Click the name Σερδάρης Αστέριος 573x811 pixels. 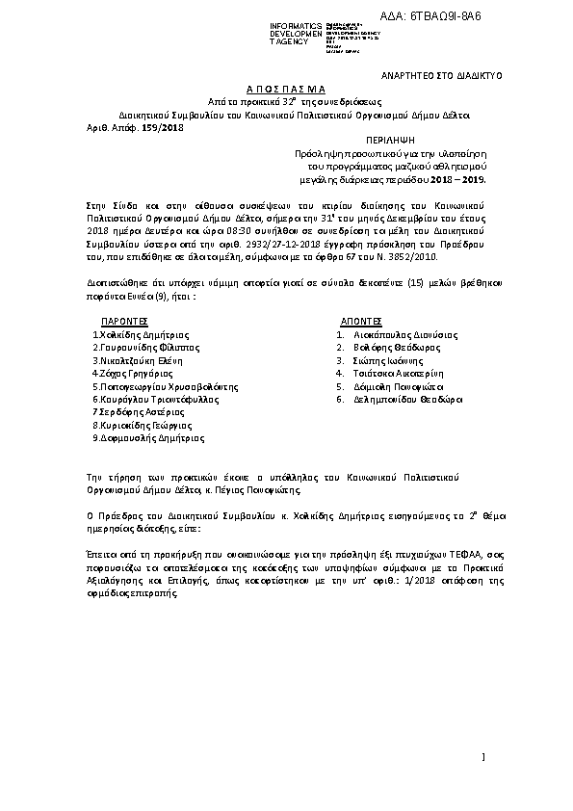(x=135, y=410)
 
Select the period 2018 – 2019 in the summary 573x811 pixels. (x=459, y=178)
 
